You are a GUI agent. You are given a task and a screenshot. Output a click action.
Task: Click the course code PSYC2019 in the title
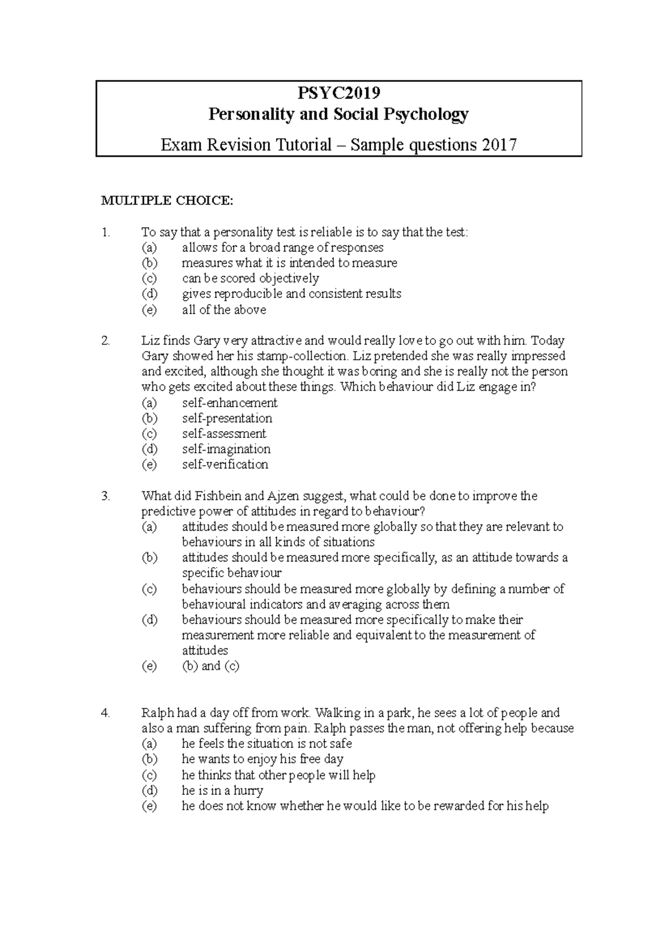point(338,92)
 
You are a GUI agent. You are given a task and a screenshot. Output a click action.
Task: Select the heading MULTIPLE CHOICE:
point(167,201)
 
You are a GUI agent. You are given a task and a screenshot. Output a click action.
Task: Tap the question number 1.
point(106,232)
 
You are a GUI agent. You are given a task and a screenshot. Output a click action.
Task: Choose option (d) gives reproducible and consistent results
point(291,294)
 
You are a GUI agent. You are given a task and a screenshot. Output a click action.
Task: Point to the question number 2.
point(106,340)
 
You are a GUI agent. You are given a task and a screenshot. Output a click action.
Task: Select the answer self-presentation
point(227,418)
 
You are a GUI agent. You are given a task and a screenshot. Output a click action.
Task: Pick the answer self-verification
point(225,465)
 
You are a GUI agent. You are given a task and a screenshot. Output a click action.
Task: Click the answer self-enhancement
point(230,403)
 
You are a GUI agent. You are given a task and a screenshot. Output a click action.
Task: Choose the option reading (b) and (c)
point(211,666)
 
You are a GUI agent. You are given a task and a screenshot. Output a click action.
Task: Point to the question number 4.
point(106,713)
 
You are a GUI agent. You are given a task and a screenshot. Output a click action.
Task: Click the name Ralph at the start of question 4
point(158,713)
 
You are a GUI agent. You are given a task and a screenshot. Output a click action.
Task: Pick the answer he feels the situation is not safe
point(266,744)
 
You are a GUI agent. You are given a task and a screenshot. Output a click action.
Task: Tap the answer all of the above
point(224,310)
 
